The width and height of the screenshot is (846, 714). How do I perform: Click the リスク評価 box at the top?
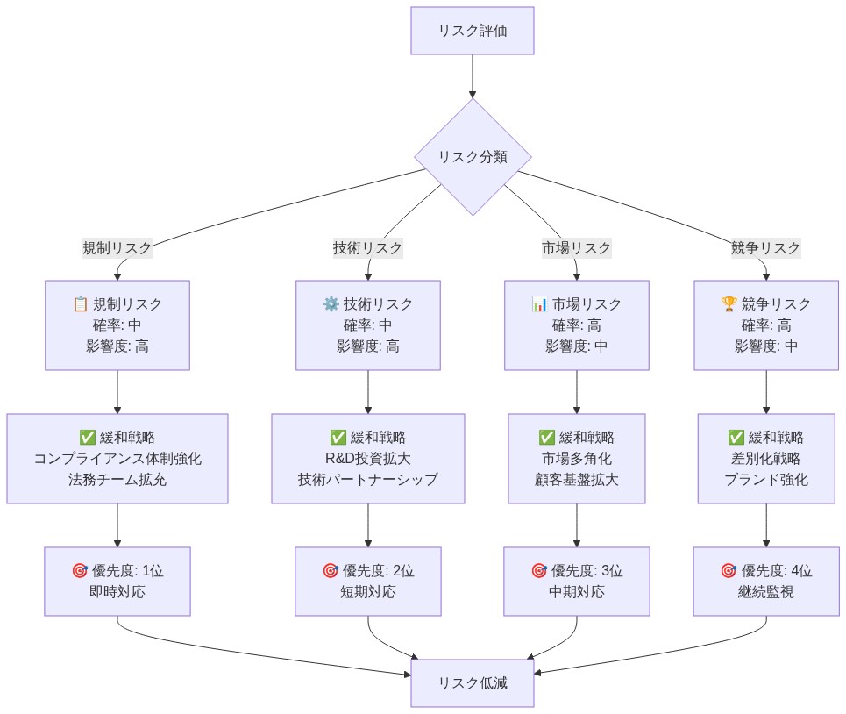point(473,31)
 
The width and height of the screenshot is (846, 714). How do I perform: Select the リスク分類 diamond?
point(473,157)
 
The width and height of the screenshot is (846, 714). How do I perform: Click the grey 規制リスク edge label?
point(117,247)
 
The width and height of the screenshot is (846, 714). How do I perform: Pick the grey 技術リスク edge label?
point(367,247)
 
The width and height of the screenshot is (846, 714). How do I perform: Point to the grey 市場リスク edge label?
point(576,247)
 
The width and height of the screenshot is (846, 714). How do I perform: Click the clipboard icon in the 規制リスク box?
point(81,304)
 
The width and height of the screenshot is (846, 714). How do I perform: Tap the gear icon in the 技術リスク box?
point(331,304)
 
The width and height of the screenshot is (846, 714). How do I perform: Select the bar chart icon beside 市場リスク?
point(539,304)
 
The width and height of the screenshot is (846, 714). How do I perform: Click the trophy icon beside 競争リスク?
point(729,304)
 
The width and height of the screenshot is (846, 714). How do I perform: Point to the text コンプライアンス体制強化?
point(117,459)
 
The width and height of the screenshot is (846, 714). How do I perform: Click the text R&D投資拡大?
point(367,459)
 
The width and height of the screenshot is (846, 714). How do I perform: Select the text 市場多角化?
point(576,459)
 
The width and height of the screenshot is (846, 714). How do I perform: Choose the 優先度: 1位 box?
point(117,581)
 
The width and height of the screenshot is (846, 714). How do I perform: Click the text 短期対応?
point(367,592)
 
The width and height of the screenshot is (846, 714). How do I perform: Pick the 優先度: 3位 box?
point(576,581)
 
